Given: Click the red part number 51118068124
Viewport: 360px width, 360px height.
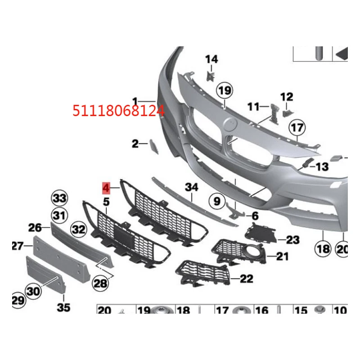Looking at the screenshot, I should tap(119, 110).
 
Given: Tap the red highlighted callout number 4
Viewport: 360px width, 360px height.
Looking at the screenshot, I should tap(106, 186).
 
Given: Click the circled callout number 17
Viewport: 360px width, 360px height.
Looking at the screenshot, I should tap(297, 128).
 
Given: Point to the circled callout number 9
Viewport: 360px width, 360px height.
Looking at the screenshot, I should tap(217, 201).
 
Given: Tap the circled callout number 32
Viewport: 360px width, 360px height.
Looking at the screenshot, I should tap(79, 229).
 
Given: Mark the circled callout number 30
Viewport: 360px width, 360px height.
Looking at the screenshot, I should tap(33, 291).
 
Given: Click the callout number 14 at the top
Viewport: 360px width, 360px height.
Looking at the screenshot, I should tap(211, 59).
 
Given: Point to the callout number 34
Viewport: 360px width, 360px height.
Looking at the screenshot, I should tap(191, 186).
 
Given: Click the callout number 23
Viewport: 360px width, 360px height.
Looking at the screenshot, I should tap(292, 240).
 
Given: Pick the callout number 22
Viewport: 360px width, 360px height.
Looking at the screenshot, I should tap(246, 279).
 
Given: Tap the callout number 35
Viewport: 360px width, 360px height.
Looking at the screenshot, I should tap(64, 308).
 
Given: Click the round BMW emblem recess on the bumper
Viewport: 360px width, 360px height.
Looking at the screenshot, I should tap(230, 123).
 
